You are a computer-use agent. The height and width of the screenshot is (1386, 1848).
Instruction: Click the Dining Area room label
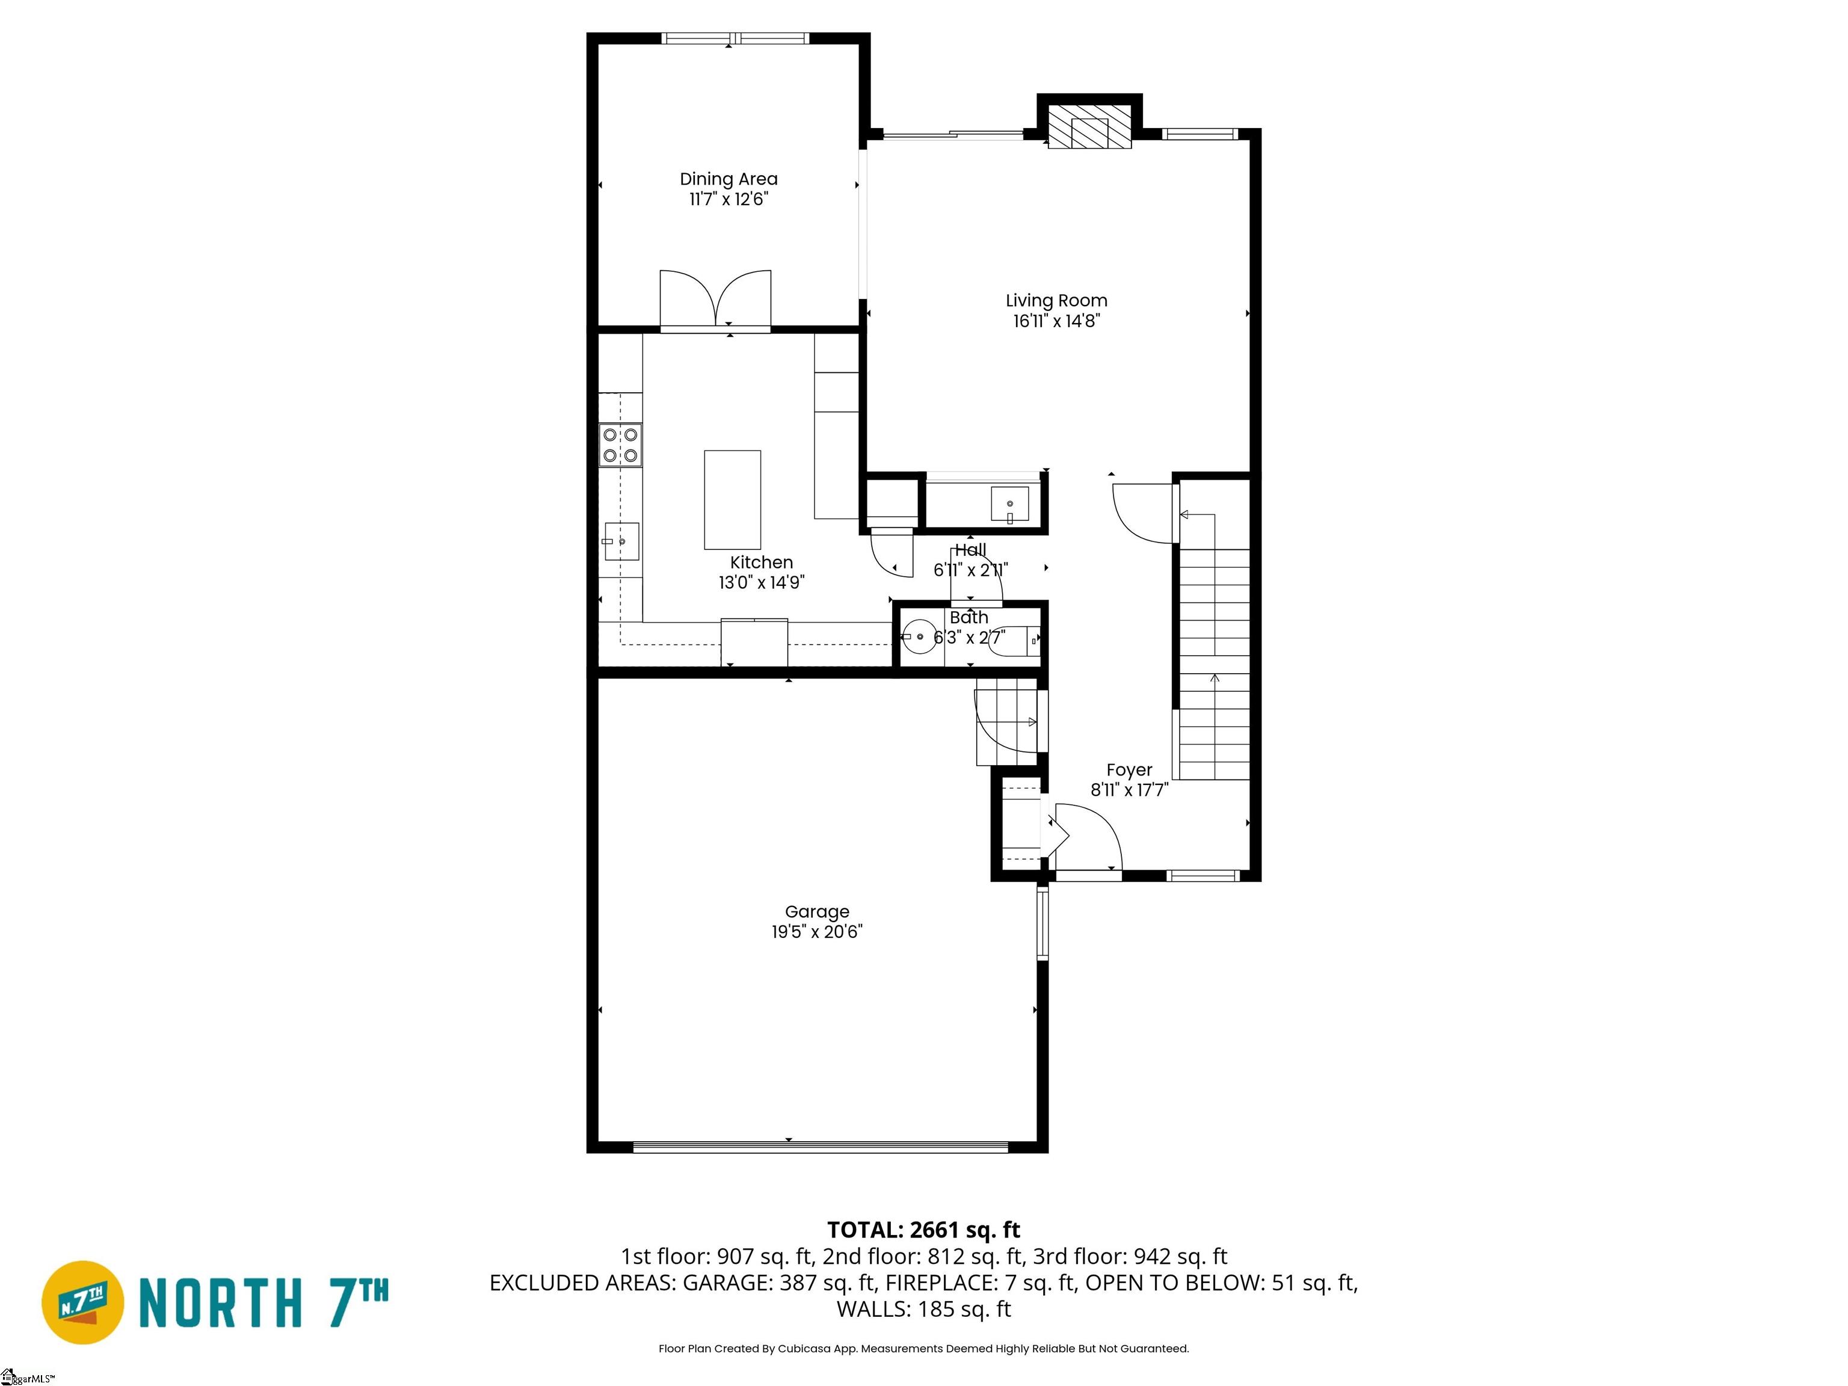728,179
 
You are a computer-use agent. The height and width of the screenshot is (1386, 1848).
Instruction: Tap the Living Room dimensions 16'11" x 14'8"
1057,321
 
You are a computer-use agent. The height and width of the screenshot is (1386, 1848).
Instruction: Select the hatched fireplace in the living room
1089,127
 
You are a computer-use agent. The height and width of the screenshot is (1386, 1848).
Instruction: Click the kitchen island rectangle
733,499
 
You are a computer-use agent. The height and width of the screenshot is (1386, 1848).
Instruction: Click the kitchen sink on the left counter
621,541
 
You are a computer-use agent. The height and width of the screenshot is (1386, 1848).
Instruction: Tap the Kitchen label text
761,562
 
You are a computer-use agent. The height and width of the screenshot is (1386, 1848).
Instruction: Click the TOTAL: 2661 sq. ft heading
923,1230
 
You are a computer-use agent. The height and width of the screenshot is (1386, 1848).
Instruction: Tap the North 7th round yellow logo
82,1302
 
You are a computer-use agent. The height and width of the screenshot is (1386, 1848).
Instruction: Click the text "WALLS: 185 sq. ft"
924,1309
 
